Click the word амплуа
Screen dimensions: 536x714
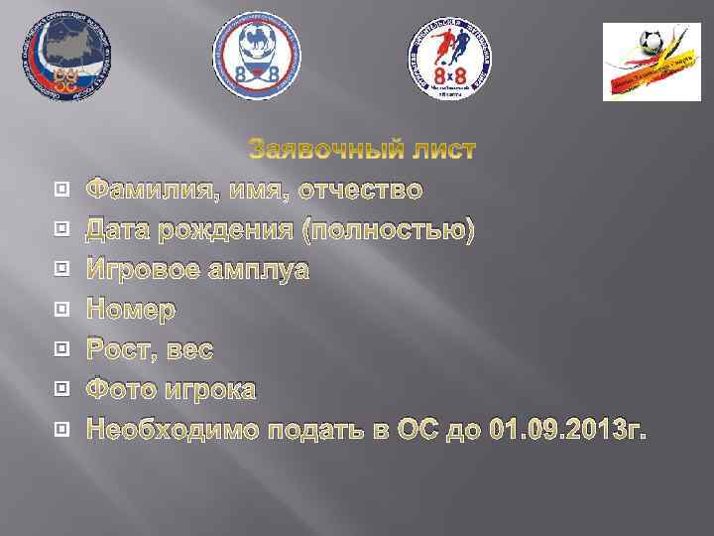tap(261, 270)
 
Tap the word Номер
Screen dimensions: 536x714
tap(131, 310)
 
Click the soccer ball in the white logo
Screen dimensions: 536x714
tap(653, 43)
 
